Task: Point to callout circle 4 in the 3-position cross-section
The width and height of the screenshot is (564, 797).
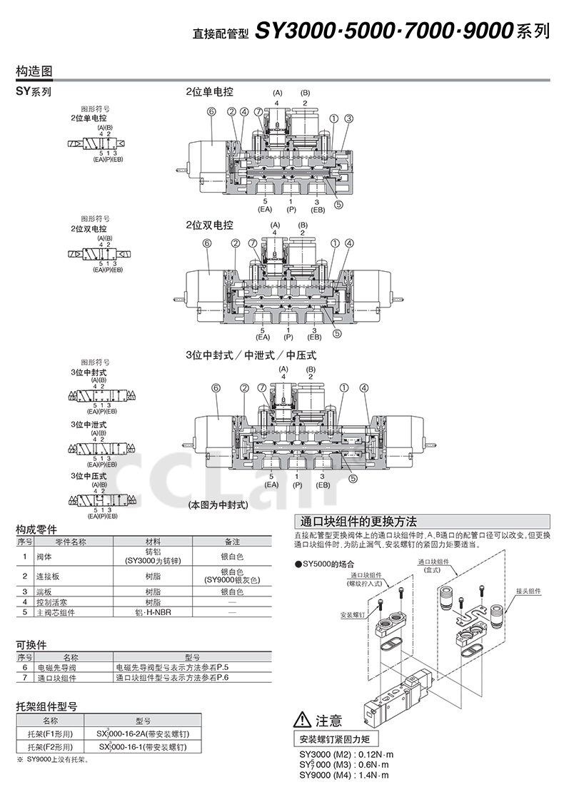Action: pyautogui.click(x=364, y=388)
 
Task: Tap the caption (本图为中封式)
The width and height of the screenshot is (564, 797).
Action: pyautogui.click(x=217, y=504)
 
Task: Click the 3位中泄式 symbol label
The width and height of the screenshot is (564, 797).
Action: pyautogui.click(x=89, y=425)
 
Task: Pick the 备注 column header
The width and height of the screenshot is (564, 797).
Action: pyautogui.click(x=232, y=542)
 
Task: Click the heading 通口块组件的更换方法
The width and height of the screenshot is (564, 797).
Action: pyautogui.click(x=360, y=521)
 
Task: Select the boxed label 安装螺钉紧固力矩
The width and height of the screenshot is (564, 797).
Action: pyautogui.click(x=336, y=738)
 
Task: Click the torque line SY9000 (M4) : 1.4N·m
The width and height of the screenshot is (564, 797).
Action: pyautogui.click(x=346, y=775)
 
